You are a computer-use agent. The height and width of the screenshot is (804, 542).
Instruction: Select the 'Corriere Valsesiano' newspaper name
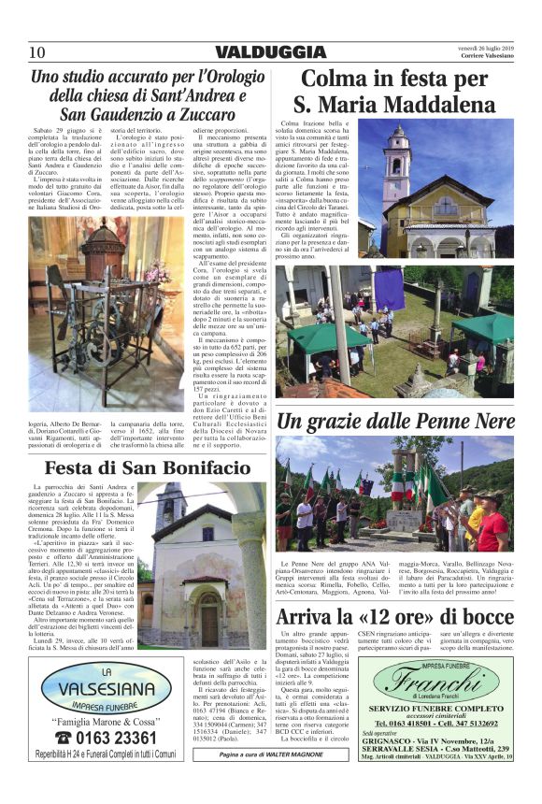pyautogui.click(x=491, y=58)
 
